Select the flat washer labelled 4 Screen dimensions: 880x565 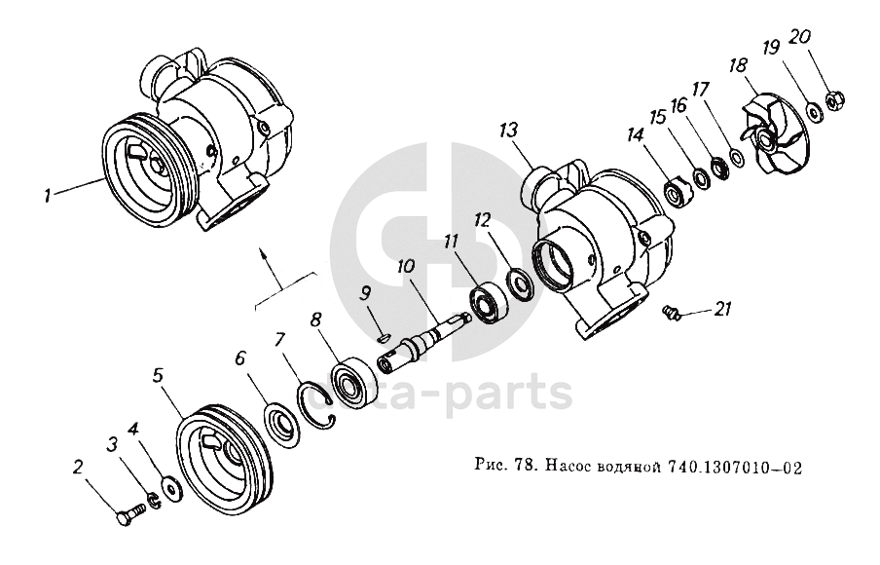170,486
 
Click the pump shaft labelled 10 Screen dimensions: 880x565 424,342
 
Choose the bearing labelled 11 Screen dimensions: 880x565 489,304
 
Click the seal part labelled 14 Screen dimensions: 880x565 676,192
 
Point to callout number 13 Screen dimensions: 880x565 508,132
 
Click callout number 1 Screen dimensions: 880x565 49,196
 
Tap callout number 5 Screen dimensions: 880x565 158,376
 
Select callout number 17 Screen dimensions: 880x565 701,90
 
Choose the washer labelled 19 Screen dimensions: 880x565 813,111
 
